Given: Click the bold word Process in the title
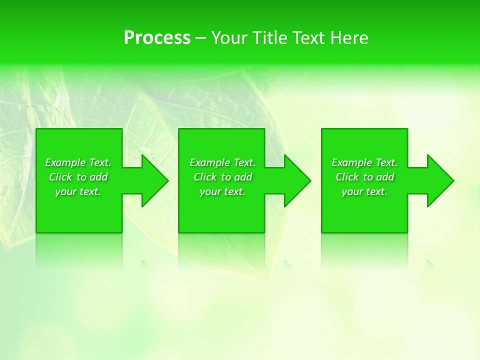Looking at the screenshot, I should click(x=157, y=38).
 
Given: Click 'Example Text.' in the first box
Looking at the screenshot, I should click(x=78, y=162).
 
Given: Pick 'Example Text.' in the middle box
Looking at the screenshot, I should click(x=222, y=162).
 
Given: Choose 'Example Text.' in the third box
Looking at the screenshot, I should click(x=364, y=162).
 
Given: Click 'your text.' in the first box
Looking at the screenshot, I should click(x=78, y=191).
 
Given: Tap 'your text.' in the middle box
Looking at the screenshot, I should click(x=222, y=191).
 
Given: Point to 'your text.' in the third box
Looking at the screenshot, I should click(x=364, y=191).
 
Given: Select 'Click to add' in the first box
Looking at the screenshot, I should click(x=78, y=177).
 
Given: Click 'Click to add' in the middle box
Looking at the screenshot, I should click(x=222, y=177).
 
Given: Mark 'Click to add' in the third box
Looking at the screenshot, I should click(x=364, y=177).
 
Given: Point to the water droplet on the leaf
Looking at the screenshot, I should click(x=50, y=93).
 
